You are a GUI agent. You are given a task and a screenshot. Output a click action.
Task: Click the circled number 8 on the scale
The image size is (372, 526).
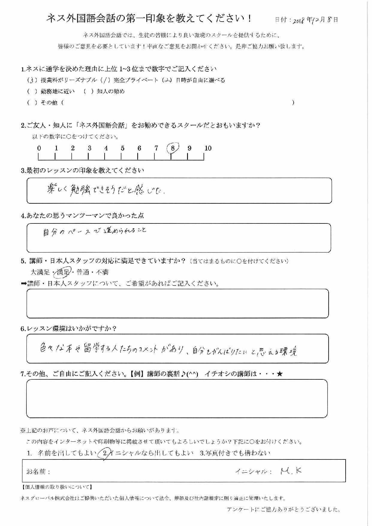coord(173,148)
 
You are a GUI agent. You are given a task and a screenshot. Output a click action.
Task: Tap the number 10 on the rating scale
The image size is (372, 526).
coord(208,148)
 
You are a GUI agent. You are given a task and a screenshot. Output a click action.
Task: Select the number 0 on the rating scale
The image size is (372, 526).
coord(39,148)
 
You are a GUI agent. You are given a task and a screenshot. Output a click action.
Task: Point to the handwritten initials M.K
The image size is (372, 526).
coord(291,471)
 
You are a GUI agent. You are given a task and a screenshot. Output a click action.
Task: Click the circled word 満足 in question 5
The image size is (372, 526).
coord(63,272)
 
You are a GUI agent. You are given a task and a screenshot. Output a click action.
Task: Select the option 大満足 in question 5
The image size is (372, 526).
coord(40,272)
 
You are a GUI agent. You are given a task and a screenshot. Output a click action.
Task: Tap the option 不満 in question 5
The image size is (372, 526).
coord(102,272)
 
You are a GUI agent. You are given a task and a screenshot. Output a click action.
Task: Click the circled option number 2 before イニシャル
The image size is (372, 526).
coord(105,453)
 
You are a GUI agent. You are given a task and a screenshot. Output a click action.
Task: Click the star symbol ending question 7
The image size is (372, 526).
coord(280,374)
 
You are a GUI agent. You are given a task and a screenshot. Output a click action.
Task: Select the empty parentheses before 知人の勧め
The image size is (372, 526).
coord(88,91)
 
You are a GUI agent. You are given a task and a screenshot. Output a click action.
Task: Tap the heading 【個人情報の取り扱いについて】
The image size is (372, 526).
coord(57,487)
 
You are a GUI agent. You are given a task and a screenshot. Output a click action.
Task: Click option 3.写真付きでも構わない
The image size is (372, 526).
coord(235,453)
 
